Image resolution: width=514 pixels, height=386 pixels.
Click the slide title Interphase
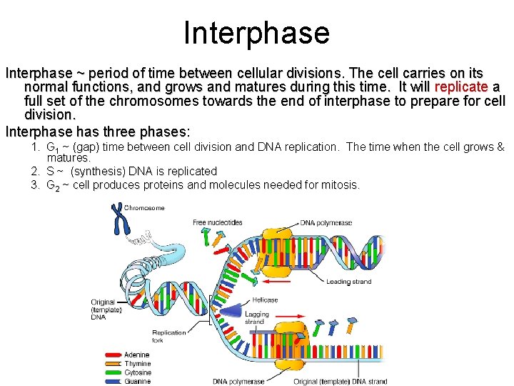tap(256, 33)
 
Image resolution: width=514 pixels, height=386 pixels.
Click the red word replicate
tap(461, 87)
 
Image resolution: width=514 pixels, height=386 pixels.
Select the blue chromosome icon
tap(116, 219)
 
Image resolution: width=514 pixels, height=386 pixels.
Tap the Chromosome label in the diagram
tap(145, 208)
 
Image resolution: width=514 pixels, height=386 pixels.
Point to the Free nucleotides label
tap(217, 222)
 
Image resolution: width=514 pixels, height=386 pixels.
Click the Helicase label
tap(265, 300)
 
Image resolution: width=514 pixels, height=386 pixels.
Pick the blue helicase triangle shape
tap(230, 310)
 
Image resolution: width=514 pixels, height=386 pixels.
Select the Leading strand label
tap(348, 282)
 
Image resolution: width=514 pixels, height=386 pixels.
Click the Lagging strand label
tap(257, 318)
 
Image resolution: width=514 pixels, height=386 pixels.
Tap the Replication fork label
tap(168, 336)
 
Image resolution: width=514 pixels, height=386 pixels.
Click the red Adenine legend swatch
tap(112, 355)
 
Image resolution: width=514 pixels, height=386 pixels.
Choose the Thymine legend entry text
tap(138, 364)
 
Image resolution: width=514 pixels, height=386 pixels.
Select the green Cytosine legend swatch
tap(112, 372)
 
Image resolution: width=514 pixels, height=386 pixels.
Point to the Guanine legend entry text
tap(138, 382)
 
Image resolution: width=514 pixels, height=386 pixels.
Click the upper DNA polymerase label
tap(326, 223)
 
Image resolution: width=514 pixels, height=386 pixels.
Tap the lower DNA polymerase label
tap(238, 382)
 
